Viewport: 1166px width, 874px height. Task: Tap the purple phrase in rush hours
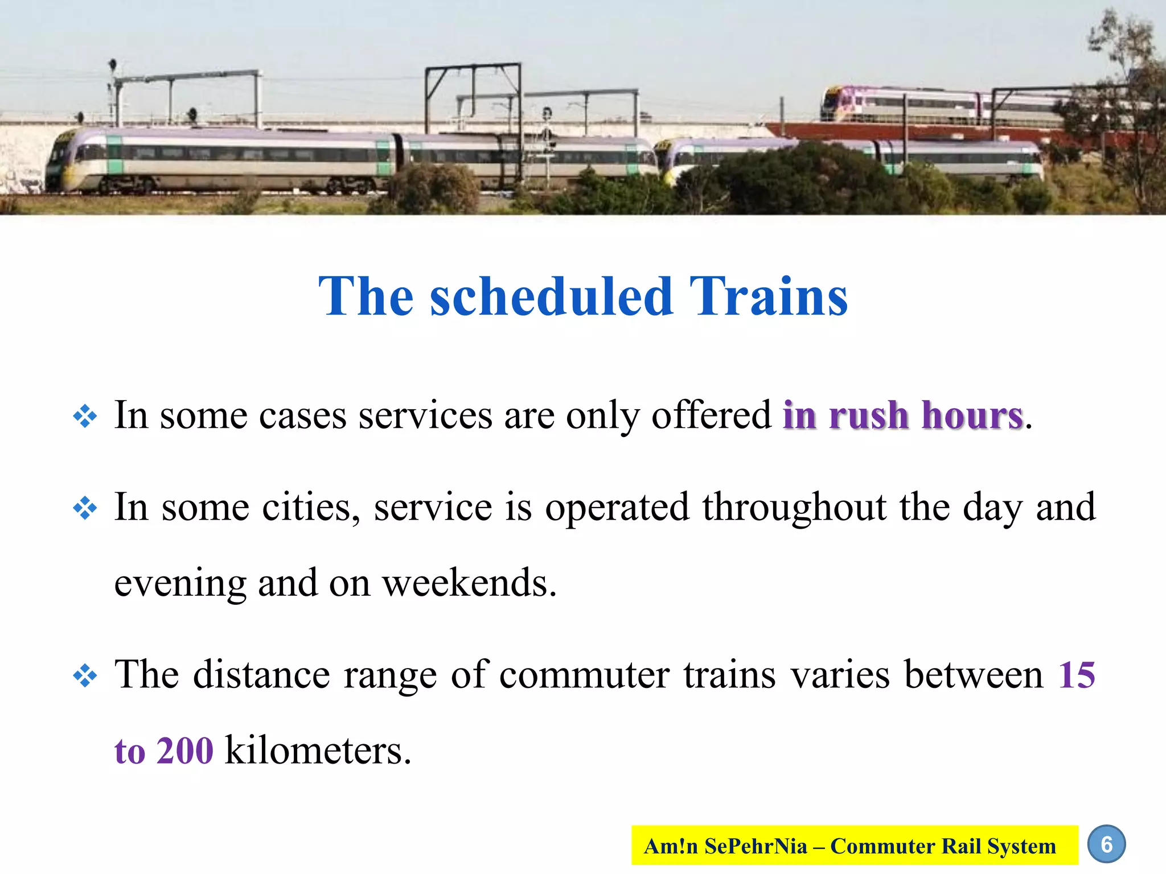(903, 415)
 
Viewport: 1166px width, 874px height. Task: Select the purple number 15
(1076, 675)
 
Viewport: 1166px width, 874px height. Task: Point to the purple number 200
(184, 751)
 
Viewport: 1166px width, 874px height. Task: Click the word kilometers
(317, 751)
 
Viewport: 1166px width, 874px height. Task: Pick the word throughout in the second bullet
(794, 508)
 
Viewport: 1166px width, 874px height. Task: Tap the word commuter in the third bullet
(584, 675)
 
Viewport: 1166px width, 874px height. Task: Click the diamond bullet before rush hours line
(85, 417)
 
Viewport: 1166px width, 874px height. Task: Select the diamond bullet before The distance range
(85, 677)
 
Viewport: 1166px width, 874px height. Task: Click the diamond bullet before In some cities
(85, 508)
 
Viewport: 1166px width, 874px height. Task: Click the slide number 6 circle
(1106, 844)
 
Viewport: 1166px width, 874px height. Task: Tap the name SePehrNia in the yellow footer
(755, 846)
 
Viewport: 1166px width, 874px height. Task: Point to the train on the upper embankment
(911, 105)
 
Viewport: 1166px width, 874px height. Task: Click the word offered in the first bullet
(711, 415)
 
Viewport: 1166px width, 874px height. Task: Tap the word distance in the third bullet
(261, 675)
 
